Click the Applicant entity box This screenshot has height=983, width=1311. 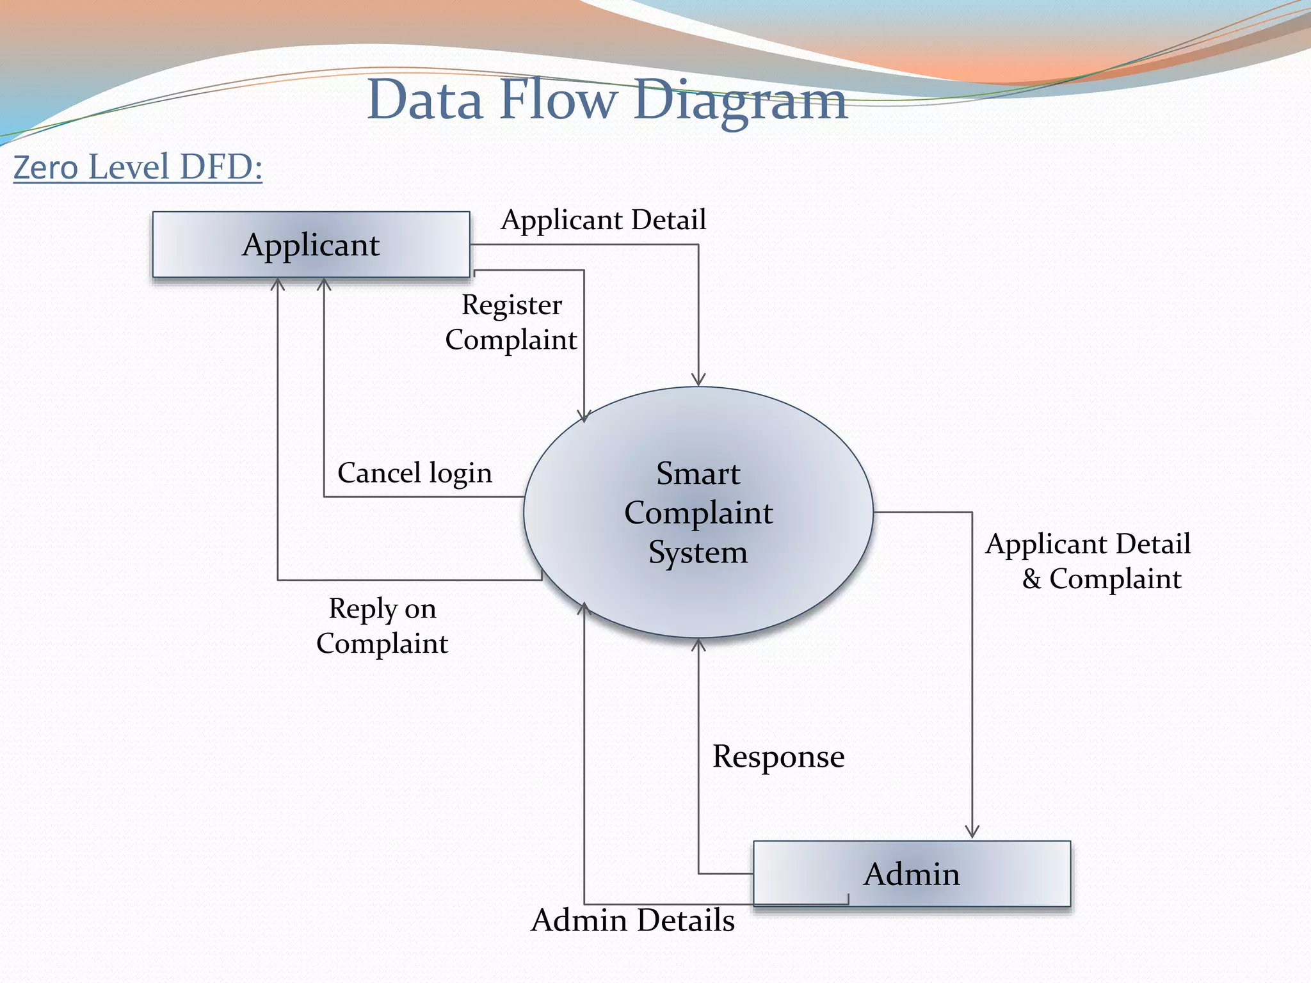311,244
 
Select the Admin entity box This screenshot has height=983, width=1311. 912,874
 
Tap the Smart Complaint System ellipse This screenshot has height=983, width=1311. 698,512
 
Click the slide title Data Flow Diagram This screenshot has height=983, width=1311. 607,100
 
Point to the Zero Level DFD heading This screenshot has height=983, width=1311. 138,167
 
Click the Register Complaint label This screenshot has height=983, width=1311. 511,322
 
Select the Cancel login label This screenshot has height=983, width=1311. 415,473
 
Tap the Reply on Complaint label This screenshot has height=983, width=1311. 382,625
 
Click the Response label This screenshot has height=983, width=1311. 778,756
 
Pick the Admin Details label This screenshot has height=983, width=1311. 632,920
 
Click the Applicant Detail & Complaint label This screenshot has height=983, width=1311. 1088,561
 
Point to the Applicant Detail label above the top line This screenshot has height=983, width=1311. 603,220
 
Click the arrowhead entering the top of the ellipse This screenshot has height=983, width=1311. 698,381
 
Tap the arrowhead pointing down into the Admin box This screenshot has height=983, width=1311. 972,832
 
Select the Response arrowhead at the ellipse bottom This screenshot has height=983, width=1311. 698,644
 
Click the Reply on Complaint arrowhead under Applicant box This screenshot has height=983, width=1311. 277,284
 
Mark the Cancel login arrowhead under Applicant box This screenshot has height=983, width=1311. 324,284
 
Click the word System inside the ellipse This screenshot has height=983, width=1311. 698,552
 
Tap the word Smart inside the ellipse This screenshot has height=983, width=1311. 698,474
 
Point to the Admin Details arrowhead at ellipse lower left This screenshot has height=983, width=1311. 584,608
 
